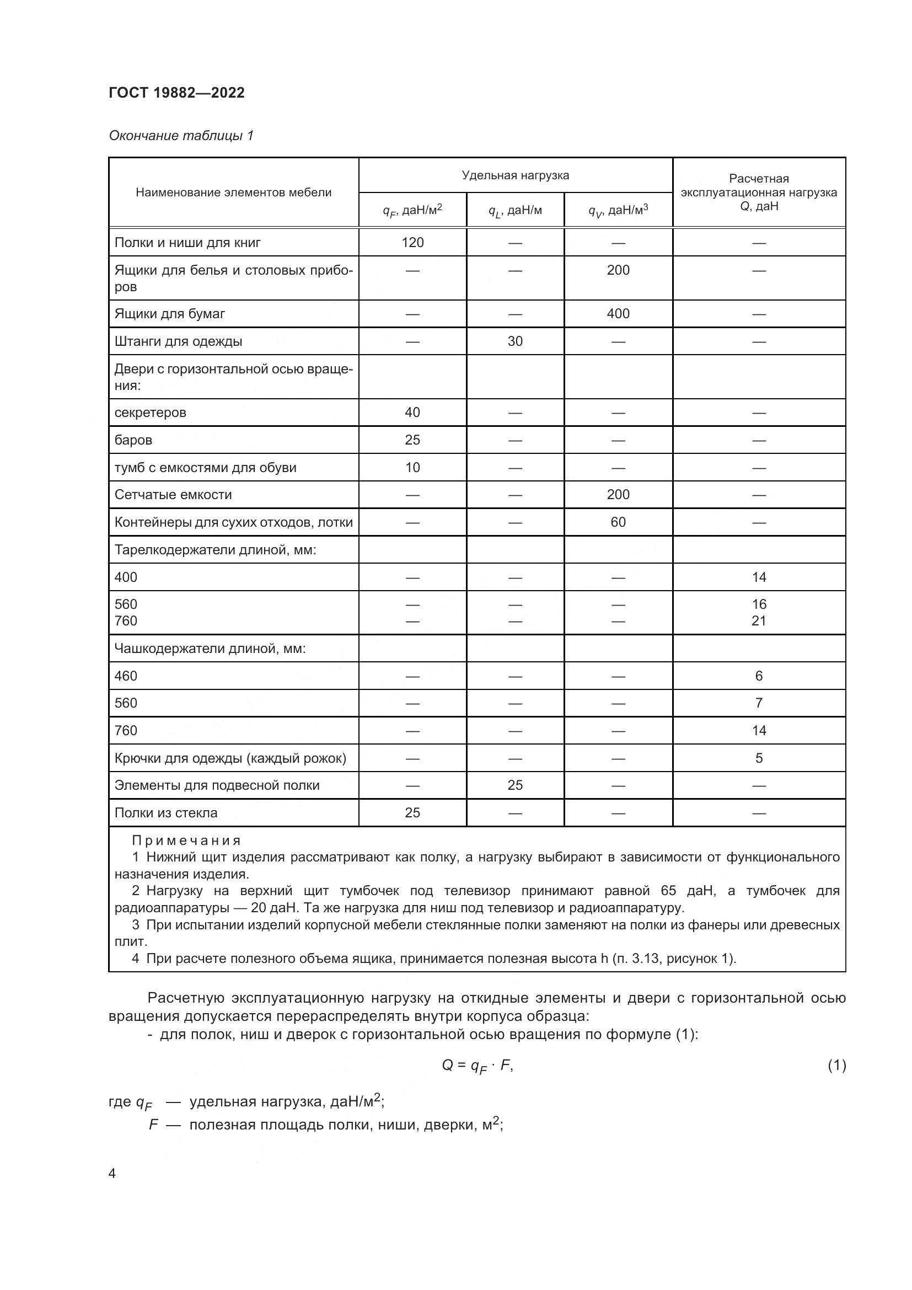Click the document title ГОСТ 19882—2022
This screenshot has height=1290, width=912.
point(176,93)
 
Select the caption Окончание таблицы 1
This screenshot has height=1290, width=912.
point(181,136)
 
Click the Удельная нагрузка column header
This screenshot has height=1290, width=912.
point(515,175)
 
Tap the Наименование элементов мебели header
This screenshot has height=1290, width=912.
point(234,192)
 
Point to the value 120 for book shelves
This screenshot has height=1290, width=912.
point(412,243)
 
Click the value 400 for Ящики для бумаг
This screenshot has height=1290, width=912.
point(618,313)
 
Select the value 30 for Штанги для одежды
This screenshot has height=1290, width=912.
point(515,341)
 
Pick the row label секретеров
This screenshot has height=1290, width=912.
point(150,413)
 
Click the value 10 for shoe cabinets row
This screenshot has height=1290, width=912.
point(412,468)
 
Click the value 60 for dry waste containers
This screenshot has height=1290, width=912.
point(618,522)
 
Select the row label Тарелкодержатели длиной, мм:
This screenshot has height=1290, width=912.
point(215,549)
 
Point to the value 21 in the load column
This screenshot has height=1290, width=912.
point(759,621)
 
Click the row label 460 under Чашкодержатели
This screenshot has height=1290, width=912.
point(126,676)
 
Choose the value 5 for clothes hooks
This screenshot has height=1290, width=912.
point(759,758)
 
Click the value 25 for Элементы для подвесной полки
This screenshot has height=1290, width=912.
point(515,785)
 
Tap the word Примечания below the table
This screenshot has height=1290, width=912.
point(186,841)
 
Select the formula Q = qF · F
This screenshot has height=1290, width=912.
point(478,1066)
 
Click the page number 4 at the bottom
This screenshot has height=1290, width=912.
point(112,1174)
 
